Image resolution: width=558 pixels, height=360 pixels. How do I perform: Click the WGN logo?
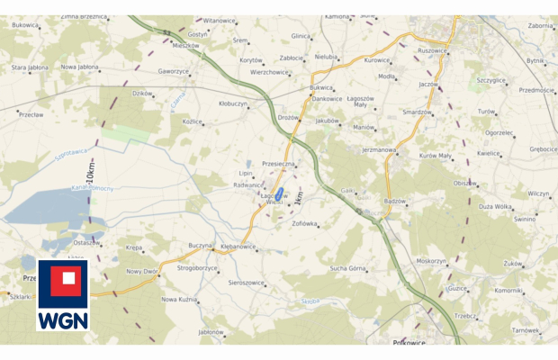(x=63, y=296)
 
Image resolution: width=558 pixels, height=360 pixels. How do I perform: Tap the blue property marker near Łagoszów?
(x=279, y=193)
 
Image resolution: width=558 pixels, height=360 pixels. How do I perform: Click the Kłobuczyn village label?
(x=233, y=103)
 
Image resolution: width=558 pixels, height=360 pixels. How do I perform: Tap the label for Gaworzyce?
(x=174, y=71)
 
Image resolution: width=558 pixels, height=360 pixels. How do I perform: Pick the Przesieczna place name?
(x=277, y=164)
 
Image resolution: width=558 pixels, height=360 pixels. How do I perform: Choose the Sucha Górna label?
(x=347, y=268)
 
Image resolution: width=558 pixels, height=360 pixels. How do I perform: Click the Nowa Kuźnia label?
(x=178, y=299)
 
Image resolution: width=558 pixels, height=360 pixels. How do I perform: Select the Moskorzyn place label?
(x=431, y=260)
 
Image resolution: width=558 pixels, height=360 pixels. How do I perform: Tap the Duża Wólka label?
(x=495, y=206)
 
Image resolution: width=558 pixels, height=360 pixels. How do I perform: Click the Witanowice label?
(x=219, y=20)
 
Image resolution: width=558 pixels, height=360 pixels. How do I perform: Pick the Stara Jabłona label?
(x=29, y=67)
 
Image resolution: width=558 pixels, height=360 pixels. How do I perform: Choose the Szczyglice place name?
(x=491, y=79)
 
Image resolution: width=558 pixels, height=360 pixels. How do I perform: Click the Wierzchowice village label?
(x=269, y=72)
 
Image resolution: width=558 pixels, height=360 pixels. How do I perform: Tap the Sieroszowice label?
(x=246, y=283)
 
